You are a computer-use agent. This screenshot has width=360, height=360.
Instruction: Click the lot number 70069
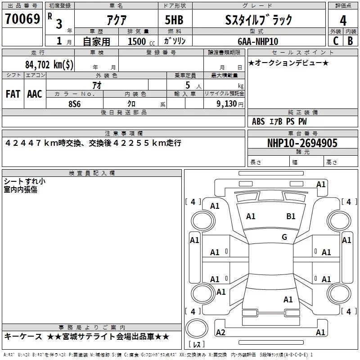pos(22,18)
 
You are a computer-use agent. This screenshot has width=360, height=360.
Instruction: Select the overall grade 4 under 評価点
pos(343,21)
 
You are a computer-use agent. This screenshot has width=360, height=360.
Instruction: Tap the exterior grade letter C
pos(336,41)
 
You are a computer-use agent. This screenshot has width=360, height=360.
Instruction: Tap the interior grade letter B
pos(350,41)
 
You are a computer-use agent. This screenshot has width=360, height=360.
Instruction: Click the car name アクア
pos(117,20)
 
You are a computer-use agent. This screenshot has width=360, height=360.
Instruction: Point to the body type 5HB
pos(174,20)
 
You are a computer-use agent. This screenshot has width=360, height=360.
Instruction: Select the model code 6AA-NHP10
pos(258,41)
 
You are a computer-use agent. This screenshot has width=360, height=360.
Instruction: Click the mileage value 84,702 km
pos(49,64)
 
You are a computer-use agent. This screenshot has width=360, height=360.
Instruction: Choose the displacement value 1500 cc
pos(141,41)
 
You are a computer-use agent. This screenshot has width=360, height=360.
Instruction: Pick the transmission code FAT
pos(13,94)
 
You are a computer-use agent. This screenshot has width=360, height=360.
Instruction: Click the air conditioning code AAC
pos(35,94)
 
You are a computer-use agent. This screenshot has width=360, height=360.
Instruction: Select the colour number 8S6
pos(75,104)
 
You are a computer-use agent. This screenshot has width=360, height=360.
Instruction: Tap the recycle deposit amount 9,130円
pos(230,104)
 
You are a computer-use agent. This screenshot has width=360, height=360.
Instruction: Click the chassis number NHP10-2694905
pos(302,143)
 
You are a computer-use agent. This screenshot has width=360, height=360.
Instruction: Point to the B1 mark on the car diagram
pos(291,216)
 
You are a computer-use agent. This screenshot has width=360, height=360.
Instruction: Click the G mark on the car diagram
pos(284,237)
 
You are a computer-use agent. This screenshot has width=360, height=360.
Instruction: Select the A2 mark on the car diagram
pos(220,332)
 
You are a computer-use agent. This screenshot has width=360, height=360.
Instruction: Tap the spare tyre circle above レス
pos(197,328)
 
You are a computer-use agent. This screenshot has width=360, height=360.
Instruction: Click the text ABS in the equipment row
pos(258,121)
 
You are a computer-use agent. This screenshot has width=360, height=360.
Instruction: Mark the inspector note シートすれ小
pos(25,181)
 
